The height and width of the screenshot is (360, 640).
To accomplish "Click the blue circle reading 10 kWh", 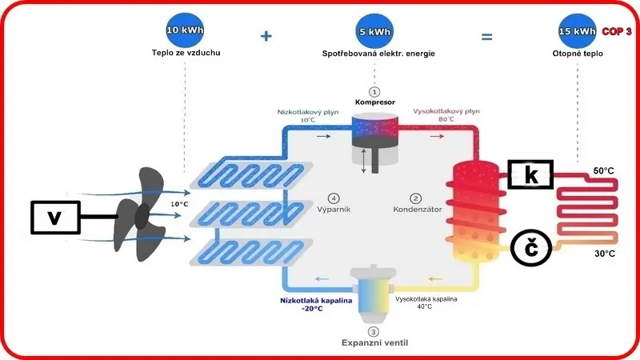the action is coord(185,30).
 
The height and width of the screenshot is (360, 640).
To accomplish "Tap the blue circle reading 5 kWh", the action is coord(374,31).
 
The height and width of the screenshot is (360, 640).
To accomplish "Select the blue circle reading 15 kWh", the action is coord(577,31).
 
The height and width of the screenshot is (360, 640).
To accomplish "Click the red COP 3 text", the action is coord(617,31).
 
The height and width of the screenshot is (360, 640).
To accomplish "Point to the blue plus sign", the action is coord(266,36).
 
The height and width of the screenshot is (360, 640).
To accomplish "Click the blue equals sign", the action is coord(486,37).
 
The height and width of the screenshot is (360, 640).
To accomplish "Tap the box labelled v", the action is coord(55,217).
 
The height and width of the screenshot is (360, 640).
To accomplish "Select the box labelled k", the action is coord(530,174).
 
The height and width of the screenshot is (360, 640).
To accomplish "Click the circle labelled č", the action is coord(531,248).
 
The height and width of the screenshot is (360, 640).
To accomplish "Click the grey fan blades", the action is coord(140,214).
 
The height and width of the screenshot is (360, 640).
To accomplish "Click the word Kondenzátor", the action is coord(417,210).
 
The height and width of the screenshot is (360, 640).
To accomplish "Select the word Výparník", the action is coord(334,210).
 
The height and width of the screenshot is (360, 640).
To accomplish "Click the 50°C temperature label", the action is coord(604,170).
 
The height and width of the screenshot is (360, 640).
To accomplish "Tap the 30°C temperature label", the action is coord(605,254).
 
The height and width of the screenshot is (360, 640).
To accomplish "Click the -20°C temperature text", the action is coord(312,309).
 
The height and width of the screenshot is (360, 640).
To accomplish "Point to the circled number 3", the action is coord(373,332).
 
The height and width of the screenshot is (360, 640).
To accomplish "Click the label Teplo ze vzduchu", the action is coord(186,53).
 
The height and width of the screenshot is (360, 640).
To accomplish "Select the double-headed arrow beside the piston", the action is coord(364,161).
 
